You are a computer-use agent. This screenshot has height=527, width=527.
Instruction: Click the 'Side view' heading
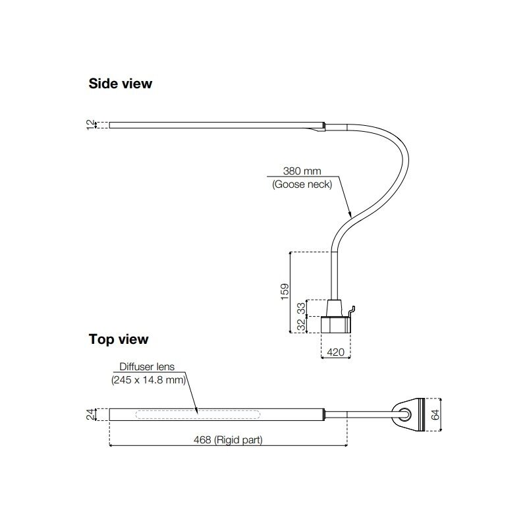tap(121, 84)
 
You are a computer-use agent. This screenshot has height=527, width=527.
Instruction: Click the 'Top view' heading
tap(119, 339)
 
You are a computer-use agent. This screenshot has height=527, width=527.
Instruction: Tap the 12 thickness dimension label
tap(91, 125)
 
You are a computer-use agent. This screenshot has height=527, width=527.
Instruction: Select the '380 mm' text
tap(302, 171)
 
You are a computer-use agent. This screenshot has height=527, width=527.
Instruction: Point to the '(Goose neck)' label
tap(302, 184)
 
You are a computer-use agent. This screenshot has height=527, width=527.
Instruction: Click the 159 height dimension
tap(285, 292)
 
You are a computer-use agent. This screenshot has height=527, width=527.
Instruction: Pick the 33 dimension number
tap(302, 308)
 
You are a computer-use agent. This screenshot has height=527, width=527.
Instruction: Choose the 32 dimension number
tap(302, 324)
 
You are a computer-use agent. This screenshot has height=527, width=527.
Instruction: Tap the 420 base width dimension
tap(335, 352)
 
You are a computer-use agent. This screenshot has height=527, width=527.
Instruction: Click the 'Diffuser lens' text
tap(147, 367)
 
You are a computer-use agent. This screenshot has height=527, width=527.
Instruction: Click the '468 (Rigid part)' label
tap(228, 439)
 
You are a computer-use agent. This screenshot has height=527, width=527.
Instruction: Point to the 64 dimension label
tap(435, 414)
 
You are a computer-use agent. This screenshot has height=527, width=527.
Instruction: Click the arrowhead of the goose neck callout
tap(350, 215)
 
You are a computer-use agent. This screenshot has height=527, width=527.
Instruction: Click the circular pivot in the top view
tap(404, 414)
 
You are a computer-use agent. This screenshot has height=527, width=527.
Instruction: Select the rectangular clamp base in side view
tap(336, 324)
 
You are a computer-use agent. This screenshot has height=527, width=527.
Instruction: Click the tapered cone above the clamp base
tap(335, 308)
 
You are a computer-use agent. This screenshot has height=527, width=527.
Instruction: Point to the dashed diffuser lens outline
tap(198, 414)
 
